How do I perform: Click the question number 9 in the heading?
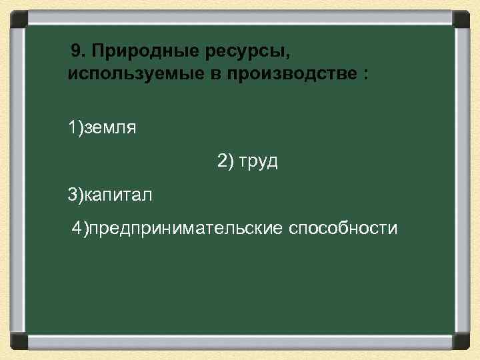click(77, 51)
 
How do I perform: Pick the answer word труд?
click(257, 162)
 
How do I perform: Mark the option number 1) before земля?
click(74, 127)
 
